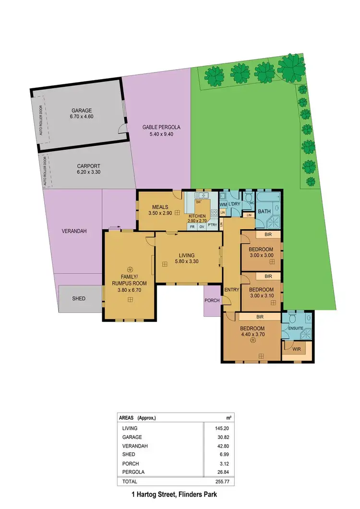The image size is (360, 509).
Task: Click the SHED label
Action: [x=79, y=298]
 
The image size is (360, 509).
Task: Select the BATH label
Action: [x=264, y=212]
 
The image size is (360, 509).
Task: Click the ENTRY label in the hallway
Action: [x=231, y=289]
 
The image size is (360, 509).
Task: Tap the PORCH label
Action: [x=212, y=301]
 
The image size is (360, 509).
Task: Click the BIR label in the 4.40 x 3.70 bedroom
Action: [x=260, y=317]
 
